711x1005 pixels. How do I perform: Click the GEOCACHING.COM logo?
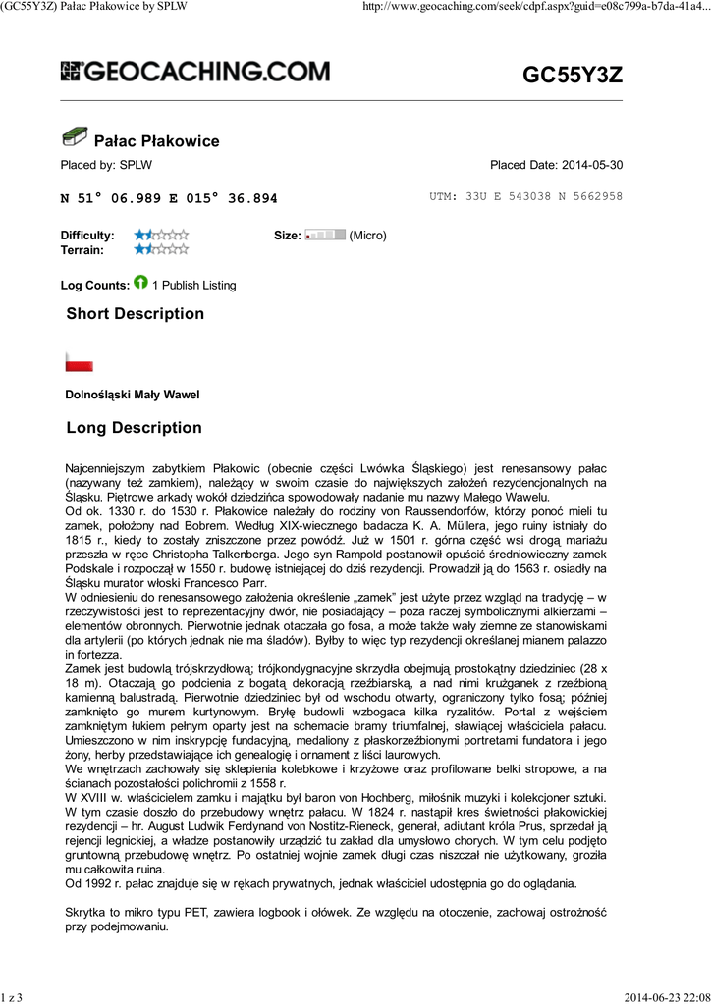click(x=195, y=72)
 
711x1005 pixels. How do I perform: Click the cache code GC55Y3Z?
click(x=572, y=75)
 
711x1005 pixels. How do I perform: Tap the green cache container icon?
click(x=74, y=138)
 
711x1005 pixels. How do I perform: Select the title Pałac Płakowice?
click(x=155, y=141)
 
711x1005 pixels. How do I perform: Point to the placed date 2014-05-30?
click(x=556, y=165)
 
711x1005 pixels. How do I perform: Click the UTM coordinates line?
click(x=525, y=196)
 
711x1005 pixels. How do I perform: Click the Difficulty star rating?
click(x=161, y=236)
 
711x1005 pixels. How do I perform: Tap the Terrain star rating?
click(x=161, y=250)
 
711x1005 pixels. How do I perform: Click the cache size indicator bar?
click(x=325, y=236)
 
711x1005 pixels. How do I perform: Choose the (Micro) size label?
click(x=368, y=236)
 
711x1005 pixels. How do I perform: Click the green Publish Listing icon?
click(x=140, y=284)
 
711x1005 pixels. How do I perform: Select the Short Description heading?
click(x=135, y=314)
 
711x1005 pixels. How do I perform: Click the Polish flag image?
click(x=79, y=362)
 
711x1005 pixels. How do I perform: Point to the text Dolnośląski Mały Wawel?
click(x=132, y=395)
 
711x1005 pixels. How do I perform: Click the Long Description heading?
click(x=134, y=428)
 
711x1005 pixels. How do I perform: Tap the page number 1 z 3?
click(x=12, y=997)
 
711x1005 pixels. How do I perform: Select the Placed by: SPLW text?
click(x=106, y=165)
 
